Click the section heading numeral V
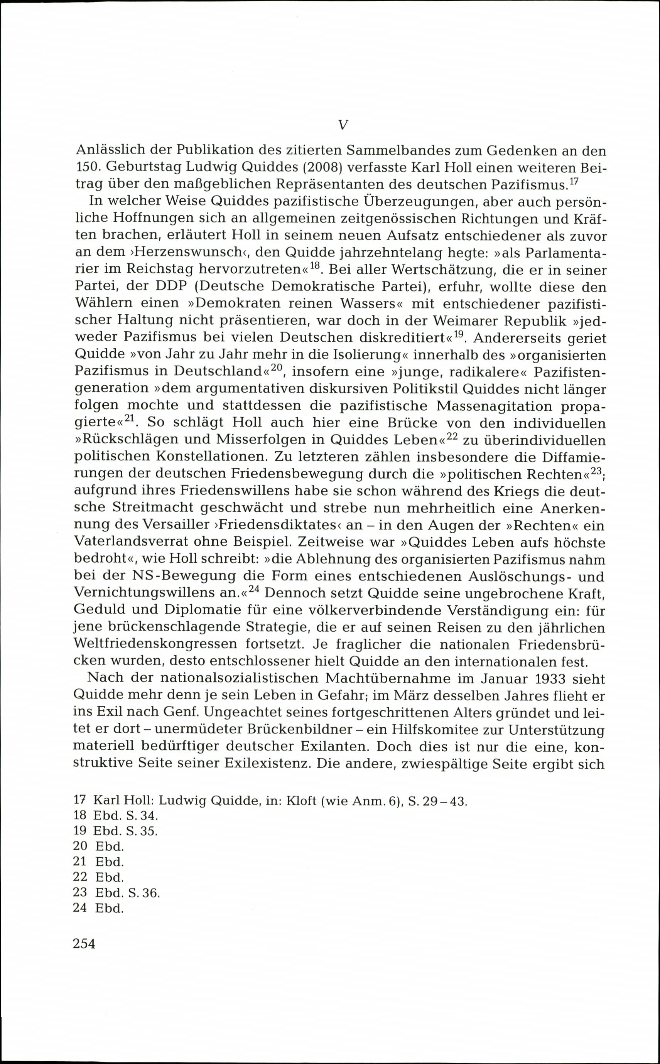(x=343, y=126)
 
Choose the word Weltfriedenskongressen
(x=156, y=644)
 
